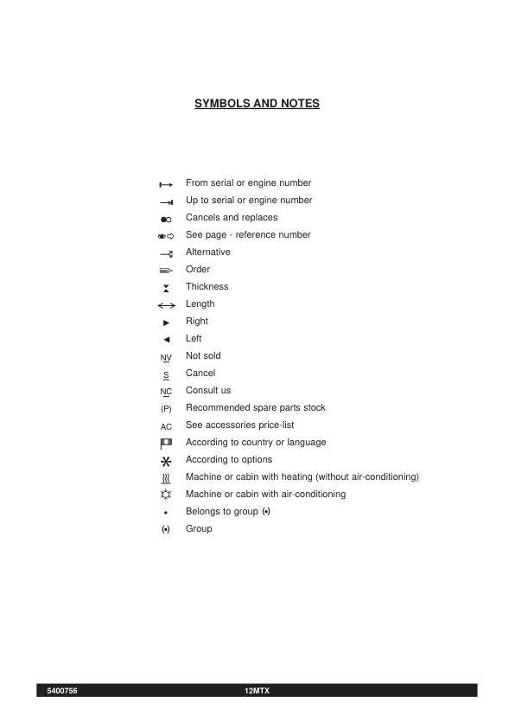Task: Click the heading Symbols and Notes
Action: (257, 104)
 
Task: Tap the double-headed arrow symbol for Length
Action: (167, 305)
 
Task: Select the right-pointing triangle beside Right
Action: (167, 322)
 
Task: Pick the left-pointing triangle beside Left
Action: (167, 340)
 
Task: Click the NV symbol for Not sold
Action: (167, 357)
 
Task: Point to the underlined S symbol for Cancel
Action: (167, 374)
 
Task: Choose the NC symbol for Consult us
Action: (167, 392)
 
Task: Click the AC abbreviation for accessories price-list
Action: (167, 426)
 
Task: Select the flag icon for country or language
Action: (167, 443)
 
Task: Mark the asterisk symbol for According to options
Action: (167, 461)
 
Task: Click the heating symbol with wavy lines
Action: (167, 478)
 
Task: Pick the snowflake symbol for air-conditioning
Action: (167, 495)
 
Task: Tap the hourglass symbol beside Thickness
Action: (167, 288)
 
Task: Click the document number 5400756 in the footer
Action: (62, 690)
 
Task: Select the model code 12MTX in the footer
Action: (257, 690)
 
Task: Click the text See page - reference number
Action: (248, 235)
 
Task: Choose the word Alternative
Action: (208, 252)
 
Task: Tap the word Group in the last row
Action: (199, 529)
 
